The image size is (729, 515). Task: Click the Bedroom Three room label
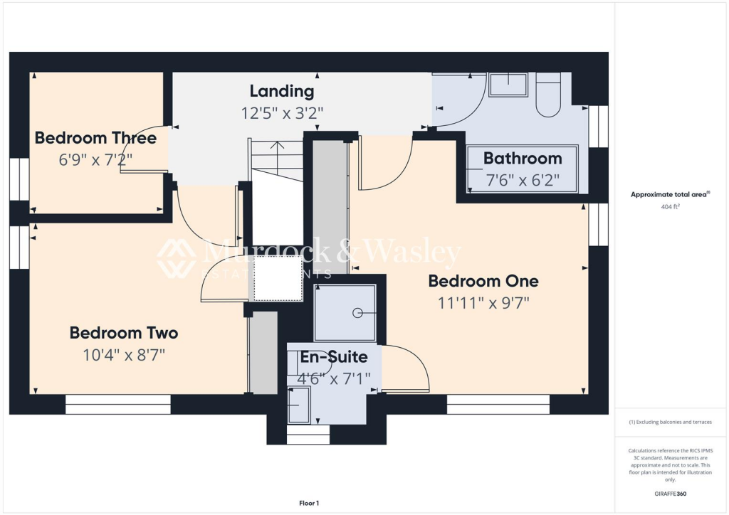(95, 137)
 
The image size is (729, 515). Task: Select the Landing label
(282, 91)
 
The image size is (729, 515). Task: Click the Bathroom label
(523, 158)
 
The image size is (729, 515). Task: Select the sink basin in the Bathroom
(508, 85)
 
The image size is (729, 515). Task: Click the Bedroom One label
(483, 281)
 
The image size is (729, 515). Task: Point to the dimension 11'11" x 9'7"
(483, 302)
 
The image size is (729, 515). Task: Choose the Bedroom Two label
(124, 333)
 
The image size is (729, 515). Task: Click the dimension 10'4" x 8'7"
(124, 354)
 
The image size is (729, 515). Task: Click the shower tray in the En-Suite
(345, 312)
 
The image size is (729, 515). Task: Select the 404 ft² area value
(671, 208)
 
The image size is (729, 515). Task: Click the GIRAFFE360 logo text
(671, 493)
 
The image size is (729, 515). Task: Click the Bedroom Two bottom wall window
(118, 405)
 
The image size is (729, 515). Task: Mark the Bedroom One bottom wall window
(498, 405)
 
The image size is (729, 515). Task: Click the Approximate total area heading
(671, 194)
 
